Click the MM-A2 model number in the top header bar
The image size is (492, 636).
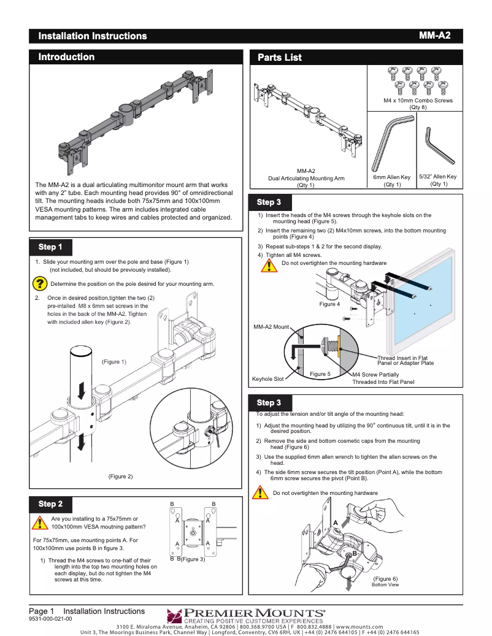[434, 36]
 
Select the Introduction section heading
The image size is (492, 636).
[66, 57]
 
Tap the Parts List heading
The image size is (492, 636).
[279, 58]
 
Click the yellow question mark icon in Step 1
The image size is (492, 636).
[40, 283]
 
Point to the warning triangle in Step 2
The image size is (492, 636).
[40, 523]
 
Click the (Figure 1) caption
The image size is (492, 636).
[114, 362]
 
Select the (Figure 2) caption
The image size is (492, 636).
[120, 476]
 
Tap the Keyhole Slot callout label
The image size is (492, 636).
[268, 379]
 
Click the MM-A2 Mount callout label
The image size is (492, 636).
[271, 327]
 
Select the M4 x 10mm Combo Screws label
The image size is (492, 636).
[418, 100]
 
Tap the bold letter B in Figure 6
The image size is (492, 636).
[355, 554]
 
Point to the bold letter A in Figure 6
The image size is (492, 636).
[336, 521]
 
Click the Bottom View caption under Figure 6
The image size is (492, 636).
[385, 585]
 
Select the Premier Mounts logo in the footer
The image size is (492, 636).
[245, 613]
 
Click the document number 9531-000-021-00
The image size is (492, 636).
[50, 619]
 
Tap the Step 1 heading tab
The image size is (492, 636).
[50, 247]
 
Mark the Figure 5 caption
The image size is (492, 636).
[320, 374]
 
